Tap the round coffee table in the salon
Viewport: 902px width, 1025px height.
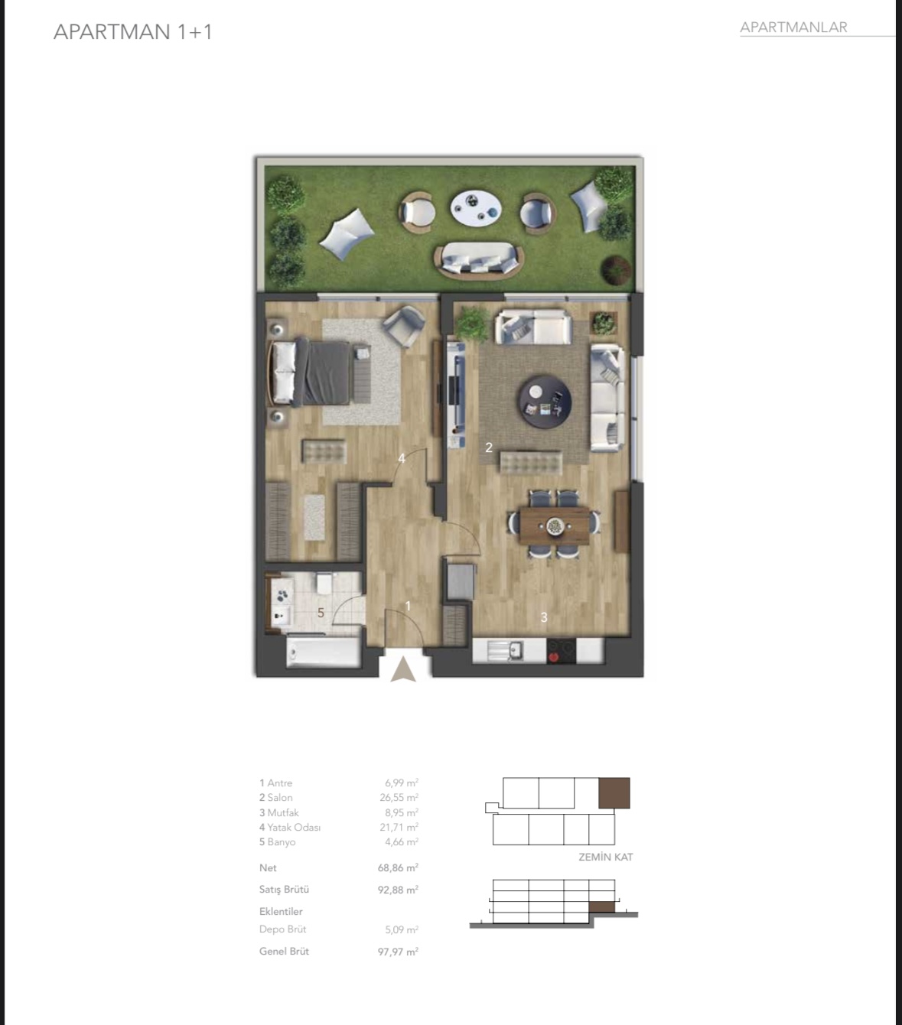pos(545,402)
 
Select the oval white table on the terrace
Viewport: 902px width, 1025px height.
pos(477,207)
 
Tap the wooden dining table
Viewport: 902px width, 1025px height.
pos(555,526)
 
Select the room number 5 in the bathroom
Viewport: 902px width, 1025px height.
pos(321,613)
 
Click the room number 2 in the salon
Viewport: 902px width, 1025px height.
pos(489,447)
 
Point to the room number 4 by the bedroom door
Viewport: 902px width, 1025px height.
pos(402,458)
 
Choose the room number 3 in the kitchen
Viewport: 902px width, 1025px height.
pos(544,617)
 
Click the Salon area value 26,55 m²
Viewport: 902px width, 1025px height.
pos(399,797)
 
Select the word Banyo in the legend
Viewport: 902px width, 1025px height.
pos(282,842)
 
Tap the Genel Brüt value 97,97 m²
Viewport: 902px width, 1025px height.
pos(398,952)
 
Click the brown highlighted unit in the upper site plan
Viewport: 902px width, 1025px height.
pos(614,792)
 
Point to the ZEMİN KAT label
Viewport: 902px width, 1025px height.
pos(606,857)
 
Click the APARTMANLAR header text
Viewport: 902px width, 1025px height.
pos(793,28)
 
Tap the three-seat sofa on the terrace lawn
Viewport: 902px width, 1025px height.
pos(479,261)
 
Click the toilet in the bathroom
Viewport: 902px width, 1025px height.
pos(324,583)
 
